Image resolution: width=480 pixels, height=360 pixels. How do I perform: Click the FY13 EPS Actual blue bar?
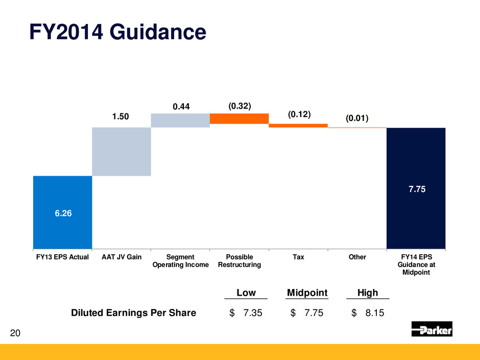[x=62, y=212]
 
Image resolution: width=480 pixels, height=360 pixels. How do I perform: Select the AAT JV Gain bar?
[x=121, y=151]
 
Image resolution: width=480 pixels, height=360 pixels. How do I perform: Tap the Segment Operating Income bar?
[x=180, y=120]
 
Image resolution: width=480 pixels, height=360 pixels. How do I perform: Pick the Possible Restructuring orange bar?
[x=239, y=118]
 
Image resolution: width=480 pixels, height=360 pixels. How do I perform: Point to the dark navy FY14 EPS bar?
[x=416, y=188]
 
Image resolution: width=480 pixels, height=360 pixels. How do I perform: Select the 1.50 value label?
[x=121, y=117]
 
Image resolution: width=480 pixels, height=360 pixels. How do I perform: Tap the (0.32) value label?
[x=239, y=106]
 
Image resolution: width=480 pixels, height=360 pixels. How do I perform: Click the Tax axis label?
[x=298, y=257]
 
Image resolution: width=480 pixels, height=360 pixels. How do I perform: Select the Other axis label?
[x=357, y=257]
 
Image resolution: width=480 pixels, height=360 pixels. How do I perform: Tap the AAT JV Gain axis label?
[x=121, y=257]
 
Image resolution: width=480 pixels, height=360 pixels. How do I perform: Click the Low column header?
[x=246, y=293]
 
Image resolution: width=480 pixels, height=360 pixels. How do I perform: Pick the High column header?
[x=368, y=293]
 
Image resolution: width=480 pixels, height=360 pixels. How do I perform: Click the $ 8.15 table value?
[x=368, y=313]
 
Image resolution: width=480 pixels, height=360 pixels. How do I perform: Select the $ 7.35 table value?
[x=246, y=313]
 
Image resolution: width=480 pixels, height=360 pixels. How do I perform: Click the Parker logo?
[x=431, y=329]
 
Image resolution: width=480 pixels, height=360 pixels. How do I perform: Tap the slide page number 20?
[x=15, y=333]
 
